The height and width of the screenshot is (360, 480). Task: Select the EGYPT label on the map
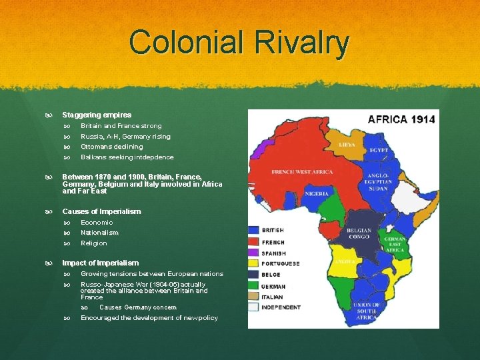pyautogui.click(x=379, y=150)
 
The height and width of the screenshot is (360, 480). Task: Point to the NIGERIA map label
pyautogui.click(x=317, y=193)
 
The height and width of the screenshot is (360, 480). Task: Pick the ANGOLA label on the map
pyautogui.click(x=348, y=262)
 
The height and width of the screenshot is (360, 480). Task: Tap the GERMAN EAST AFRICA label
pyautogui.click(x=395, y=245)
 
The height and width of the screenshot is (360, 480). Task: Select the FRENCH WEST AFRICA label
pyautogui.click(x=301, y=172)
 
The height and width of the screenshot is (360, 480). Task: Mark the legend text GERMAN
pyautogui.click(x=274, y=286)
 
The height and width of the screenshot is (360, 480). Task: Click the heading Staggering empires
pyautogui.click(x=97, y=115)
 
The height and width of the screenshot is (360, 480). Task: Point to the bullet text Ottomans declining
pyautogui.click(x=111, y=147)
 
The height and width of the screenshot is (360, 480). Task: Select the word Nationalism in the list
pyautogui.click(x=99, y=233)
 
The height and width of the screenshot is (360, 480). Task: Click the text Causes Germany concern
pyautogui.click(x=137, y=307)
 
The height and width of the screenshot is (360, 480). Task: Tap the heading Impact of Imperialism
pyautogui.click(x=100, y=263)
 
